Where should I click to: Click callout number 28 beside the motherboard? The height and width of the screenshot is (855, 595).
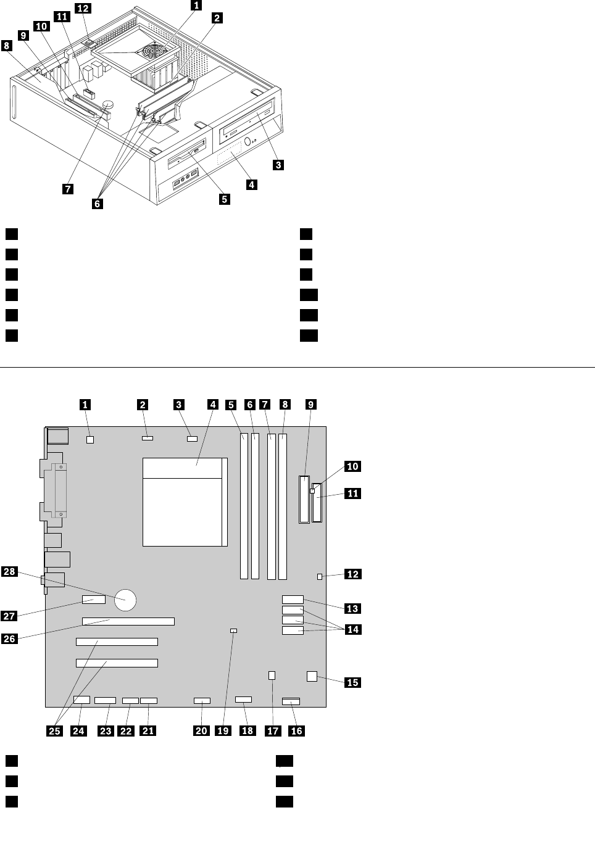9,571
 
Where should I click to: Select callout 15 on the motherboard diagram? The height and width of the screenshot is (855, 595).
352,682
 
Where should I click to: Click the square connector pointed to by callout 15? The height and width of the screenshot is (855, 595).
312,676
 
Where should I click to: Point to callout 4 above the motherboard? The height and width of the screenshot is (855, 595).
213,405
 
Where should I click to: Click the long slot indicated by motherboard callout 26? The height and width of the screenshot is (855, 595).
128,621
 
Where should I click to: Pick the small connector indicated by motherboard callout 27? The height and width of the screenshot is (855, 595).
93,601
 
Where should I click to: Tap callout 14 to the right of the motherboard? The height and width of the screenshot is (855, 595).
353,629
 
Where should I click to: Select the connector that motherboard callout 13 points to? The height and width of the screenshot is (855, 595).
293,599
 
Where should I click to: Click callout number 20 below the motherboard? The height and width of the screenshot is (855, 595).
201,730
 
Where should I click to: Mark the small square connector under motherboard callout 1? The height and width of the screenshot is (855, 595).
90,440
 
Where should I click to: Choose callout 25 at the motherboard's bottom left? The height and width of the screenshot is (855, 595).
55,730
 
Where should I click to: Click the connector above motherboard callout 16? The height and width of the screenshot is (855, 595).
291,701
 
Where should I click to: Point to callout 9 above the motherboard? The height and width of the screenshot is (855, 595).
311,405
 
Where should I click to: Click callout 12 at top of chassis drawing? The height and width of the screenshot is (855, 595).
83,8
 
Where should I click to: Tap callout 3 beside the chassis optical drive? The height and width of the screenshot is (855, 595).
278,165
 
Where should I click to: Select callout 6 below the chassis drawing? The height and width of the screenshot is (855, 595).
98,203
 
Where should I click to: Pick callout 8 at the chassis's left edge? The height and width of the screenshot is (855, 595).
7,46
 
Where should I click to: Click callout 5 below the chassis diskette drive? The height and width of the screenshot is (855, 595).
225,199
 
